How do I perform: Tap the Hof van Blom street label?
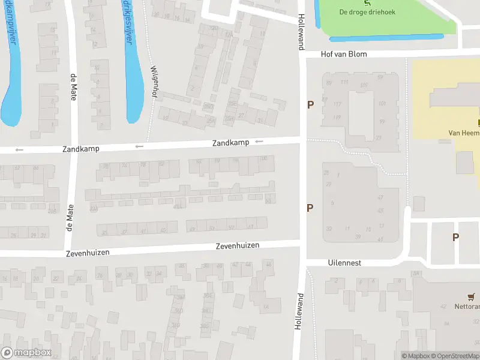(x=344, y=54)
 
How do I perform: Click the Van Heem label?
(x=464, y=133)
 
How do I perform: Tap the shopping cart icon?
(x=471, y=297)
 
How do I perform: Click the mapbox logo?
(x=26, y=353)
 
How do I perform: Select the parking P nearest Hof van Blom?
(x=310, y=105)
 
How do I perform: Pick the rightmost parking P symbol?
(x=455, y=237)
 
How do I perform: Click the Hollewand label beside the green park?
(x=301, y=28)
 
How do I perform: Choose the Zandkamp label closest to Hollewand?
(x=230, y=143)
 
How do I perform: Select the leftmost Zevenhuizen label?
(x=88, y=253)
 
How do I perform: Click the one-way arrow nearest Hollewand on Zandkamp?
(x=259, y=142)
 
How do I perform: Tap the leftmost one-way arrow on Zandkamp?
(x=19, y=149)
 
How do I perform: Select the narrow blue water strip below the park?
(x=387, y=37)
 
